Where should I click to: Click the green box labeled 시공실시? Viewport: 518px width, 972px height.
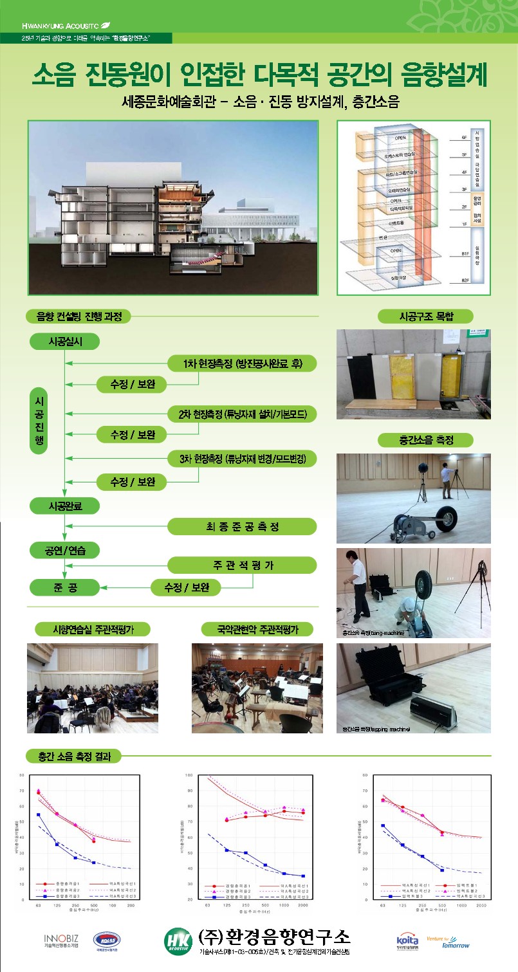[64, 342]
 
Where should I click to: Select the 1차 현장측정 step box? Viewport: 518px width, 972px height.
[242, 363]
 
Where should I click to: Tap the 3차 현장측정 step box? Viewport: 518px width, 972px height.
[242, 459]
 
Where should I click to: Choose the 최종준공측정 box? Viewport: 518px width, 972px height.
[242, 527]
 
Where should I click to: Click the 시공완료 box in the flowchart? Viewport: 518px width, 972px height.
[64, 506]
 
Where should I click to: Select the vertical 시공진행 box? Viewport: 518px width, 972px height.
[39, 421]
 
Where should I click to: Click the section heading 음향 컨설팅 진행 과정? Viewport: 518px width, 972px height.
[79, 316]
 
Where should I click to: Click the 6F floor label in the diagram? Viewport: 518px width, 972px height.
[461, 138]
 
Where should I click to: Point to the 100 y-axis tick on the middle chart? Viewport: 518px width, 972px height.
[198, 775]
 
